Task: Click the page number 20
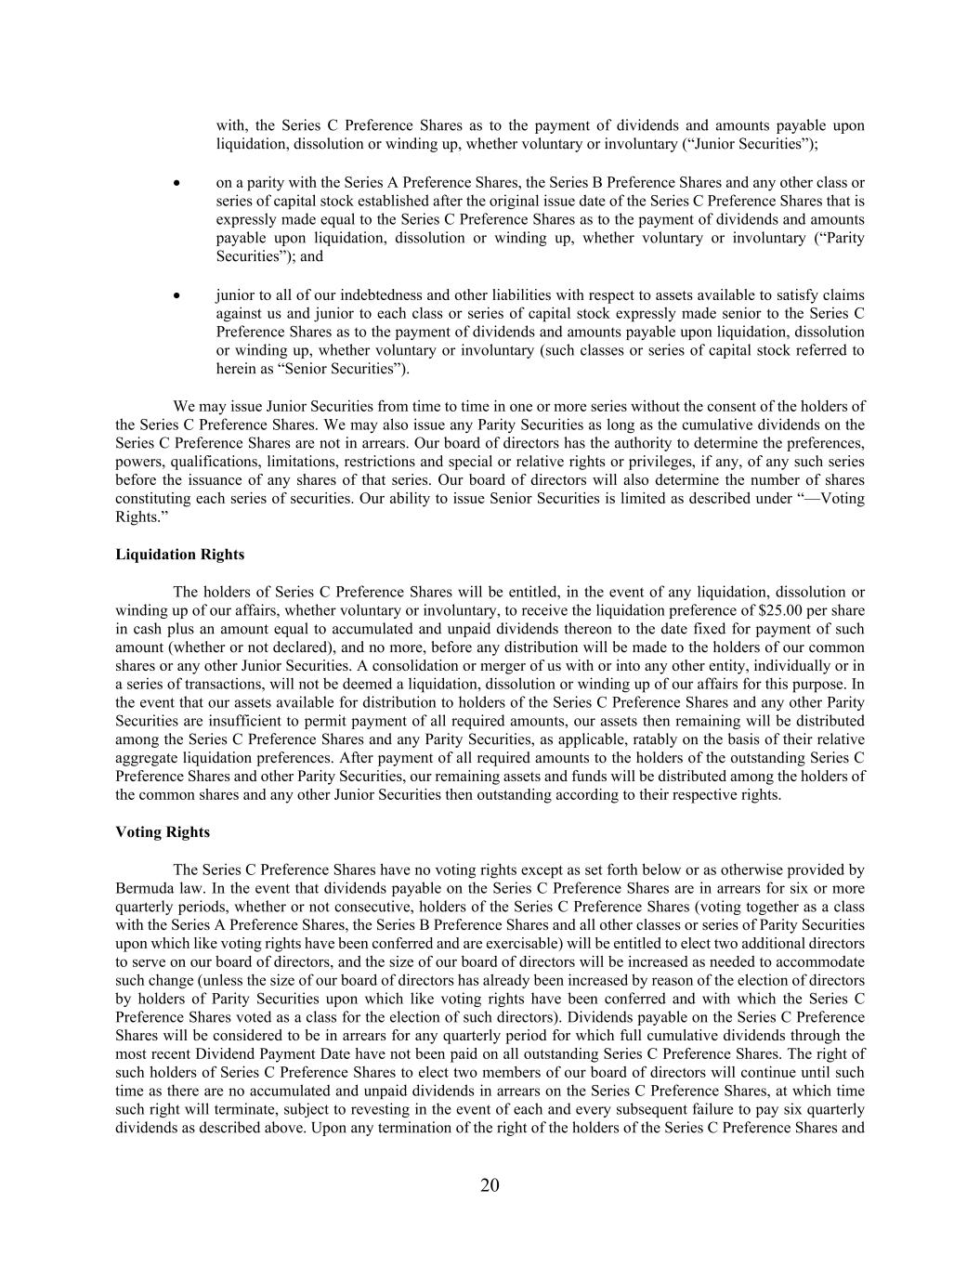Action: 490,1185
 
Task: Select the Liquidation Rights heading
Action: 180,555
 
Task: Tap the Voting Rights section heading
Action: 163,832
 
